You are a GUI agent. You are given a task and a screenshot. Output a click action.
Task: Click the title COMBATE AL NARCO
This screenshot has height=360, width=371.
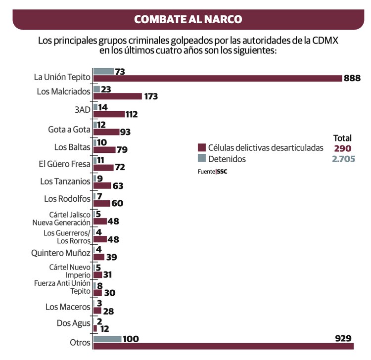coord(188,19)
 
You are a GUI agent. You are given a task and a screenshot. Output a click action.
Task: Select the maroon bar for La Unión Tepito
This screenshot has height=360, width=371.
coord(218,78)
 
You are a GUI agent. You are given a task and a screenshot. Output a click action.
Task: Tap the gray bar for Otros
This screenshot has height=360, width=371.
coord(107,339)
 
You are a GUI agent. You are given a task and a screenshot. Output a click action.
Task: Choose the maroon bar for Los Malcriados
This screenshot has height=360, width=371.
coord(118,96)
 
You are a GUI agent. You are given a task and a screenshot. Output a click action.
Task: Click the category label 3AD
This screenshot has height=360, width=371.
coord(82,110)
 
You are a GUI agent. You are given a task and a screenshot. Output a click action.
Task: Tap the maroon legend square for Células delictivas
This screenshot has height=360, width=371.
coord(201,148)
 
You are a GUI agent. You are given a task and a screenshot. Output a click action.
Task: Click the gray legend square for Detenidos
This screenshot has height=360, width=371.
coord(201,159)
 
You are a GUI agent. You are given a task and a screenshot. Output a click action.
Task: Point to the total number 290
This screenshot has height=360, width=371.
coord(342,148)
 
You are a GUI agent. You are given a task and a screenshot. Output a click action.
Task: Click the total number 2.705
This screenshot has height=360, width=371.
coord(342,159)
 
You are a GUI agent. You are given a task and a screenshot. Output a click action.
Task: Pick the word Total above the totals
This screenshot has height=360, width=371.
coord(342,138)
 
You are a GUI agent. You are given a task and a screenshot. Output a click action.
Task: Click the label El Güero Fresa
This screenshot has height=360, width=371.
coord(65,164)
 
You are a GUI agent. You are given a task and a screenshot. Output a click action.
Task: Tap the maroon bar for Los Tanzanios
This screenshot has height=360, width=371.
coord(102,185)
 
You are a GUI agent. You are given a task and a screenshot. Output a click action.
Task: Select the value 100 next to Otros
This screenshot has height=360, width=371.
coord(131,339)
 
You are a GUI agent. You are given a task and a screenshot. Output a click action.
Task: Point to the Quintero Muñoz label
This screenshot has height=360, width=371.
coord(61,253)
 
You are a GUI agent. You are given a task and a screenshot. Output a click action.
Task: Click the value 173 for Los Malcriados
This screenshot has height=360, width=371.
coord(151,96)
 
